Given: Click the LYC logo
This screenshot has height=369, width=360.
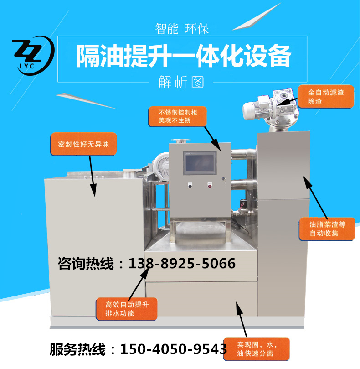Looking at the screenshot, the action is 33,56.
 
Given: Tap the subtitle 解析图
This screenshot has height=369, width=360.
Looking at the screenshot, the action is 181,82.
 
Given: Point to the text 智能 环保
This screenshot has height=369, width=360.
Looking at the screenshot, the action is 182,29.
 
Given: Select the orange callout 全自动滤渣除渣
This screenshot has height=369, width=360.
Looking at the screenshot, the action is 326,97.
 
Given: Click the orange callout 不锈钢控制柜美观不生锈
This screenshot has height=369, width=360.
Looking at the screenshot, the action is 178,116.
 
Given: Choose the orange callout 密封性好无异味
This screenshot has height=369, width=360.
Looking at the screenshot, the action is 83,144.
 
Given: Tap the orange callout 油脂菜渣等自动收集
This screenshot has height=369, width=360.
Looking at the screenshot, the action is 327,229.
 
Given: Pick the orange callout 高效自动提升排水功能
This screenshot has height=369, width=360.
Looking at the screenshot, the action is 127,309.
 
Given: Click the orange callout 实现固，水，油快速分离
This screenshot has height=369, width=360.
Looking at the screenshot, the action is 256,349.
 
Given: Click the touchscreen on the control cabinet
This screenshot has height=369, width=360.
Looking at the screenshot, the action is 200,163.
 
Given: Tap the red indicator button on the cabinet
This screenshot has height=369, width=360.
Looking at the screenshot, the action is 210,186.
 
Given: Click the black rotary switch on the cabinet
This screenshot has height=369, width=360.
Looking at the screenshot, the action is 190,186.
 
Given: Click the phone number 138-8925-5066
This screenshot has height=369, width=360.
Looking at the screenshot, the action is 182,263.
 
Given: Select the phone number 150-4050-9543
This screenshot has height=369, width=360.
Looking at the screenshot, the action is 174,349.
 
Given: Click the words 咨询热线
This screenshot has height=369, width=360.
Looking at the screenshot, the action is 86,263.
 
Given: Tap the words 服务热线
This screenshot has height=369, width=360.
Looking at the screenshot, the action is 77,349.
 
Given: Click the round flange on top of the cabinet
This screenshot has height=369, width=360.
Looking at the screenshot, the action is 180,141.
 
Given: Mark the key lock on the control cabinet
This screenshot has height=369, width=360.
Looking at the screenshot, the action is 224,179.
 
